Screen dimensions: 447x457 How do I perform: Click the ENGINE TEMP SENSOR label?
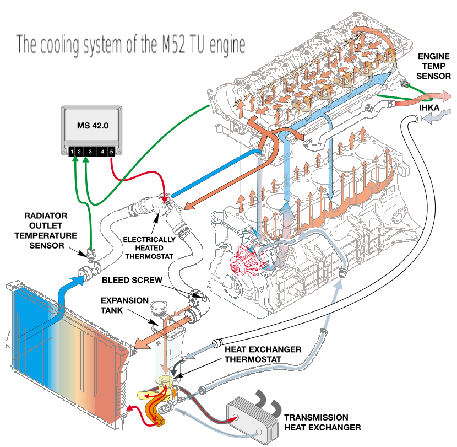click(434, 66)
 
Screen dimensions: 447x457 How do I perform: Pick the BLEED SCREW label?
click(132, 280)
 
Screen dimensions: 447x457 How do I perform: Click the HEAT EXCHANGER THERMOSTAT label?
click(263, 354)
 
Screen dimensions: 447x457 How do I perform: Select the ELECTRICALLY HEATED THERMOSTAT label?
click(149, 247)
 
